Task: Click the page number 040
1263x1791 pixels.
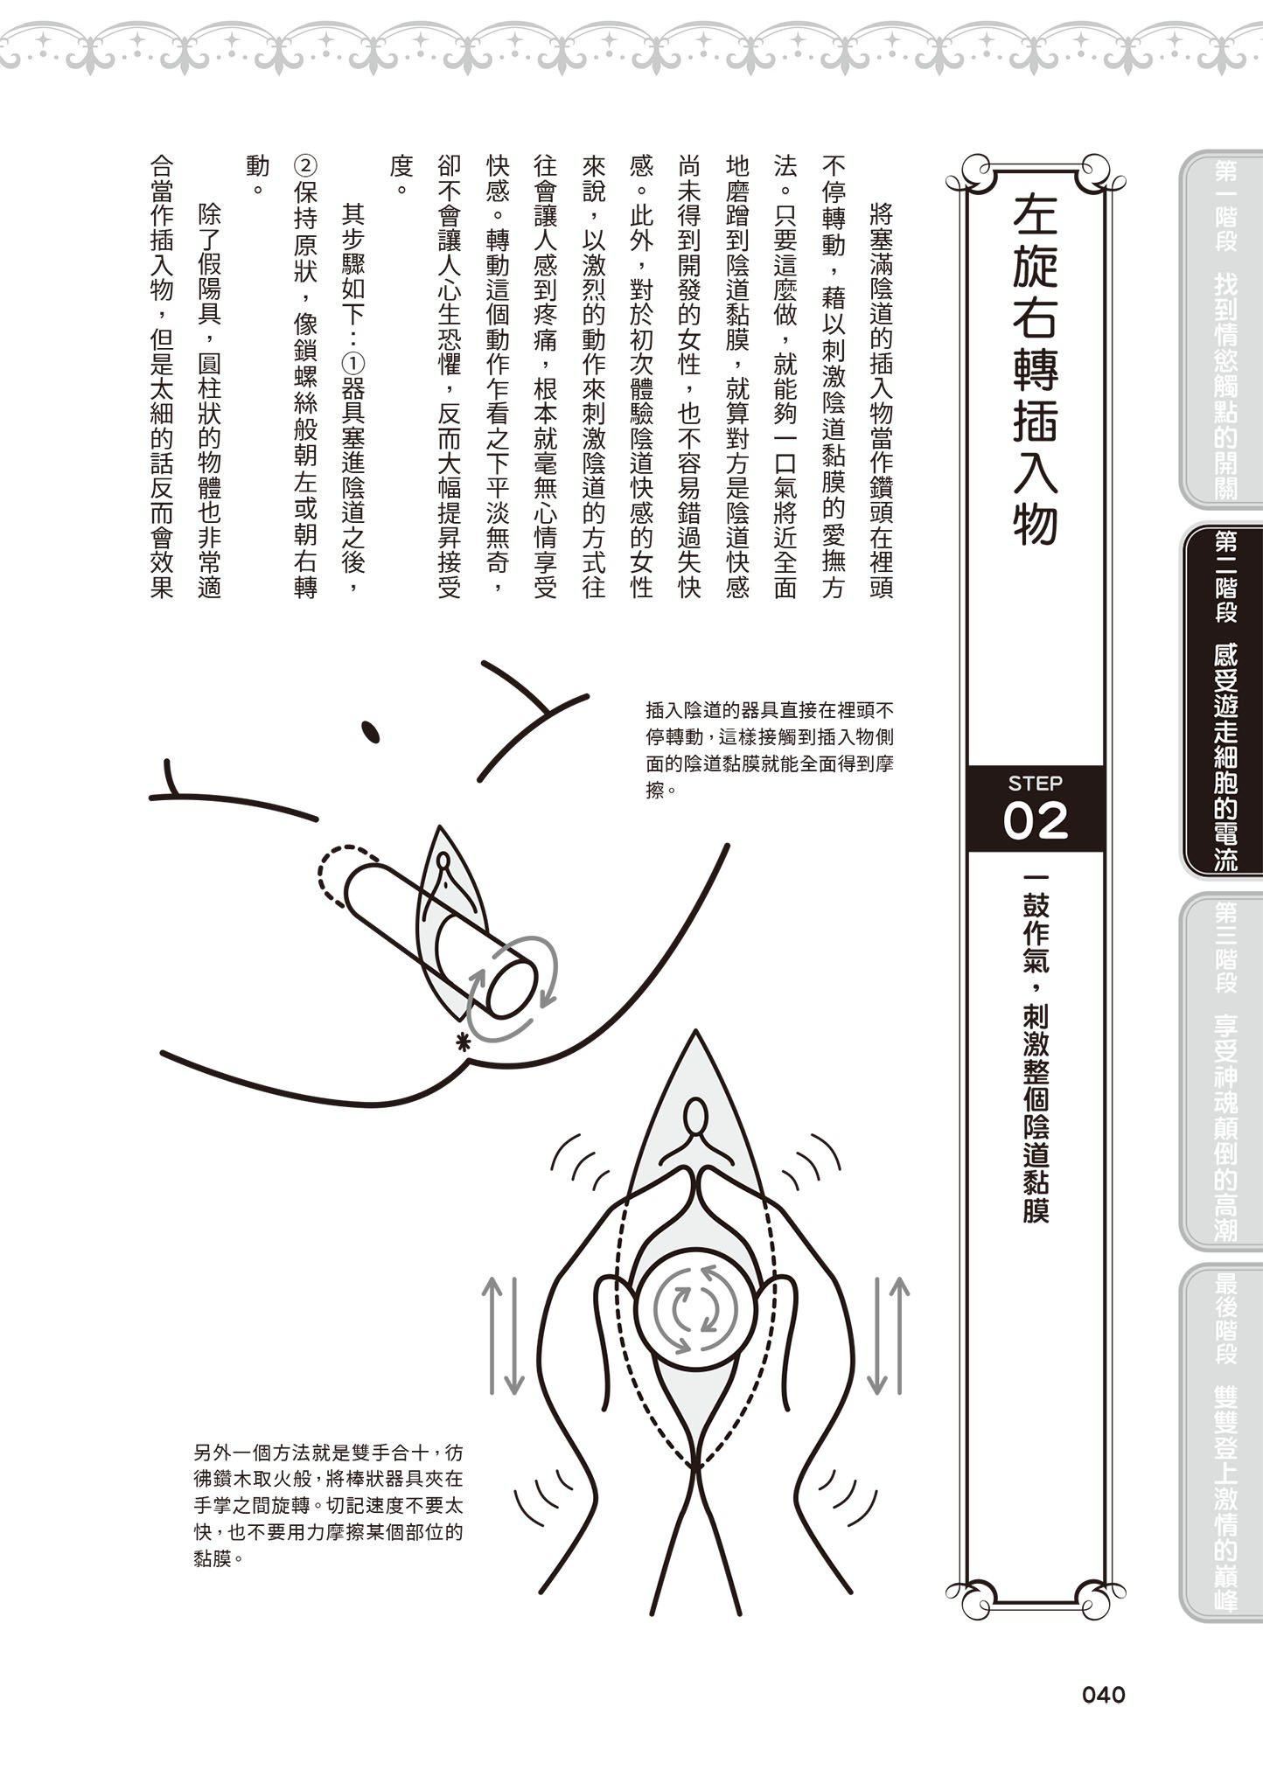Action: pos(1103,1695)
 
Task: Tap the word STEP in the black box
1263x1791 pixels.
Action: pos(1035,783)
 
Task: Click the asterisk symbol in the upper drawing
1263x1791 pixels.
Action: pos(461,1041)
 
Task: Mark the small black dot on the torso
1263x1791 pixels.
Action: pos(369,728)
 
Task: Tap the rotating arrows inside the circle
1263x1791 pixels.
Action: pos(696,1309)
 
